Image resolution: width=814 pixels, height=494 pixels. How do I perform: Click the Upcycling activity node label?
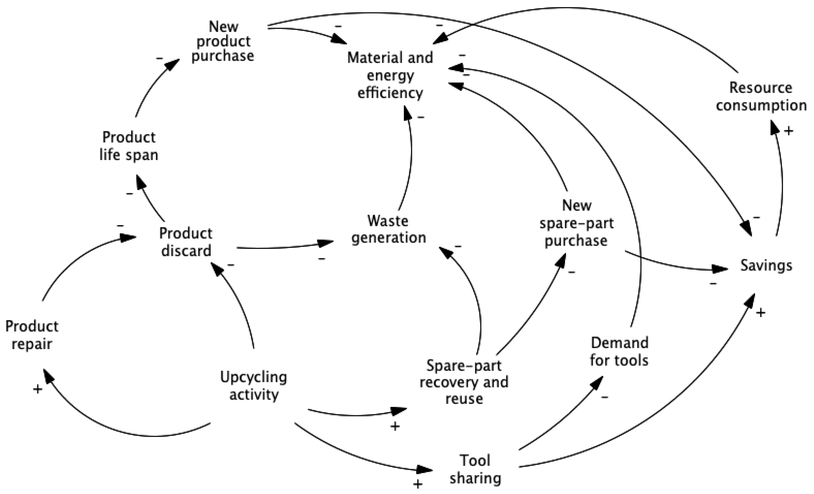click(x=254, y=386)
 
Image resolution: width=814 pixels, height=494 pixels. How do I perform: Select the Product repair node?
click(x=32, y=335)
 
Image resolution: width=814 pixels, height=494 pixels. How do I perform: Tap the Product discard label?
click(x=186, y=242)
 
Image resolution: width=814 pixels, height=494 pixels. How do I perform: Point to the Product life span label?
click(x=129, y=146)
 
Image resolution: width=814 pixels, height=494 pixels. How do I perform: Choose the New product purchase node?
click(x=223, y=41)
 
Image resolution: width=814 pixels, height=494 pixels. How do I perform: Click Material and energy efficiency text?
click(x=390, y=75)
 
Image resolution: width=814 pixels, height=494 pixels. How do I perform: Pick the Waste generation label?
click(x=388, y=229)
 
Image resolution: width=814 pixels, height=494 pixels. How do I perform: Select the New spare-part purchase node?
click(x=576, y=223)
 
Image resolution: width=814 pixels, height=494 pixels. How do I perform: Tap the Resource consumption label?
click(x=761, y=97)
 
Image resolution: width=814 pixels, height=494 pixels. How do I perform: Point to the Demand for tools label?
click(x=619, y=352)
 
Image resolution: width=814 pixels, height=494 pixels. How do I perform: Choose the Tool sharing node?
click(x=475, y=469)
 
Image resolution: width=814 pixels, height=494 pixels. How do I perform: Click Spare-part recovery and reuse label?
click(x=464, y=382)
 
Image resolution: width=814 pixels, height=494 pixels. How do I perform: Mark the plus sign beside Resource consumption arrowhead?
click(x=789, y=131)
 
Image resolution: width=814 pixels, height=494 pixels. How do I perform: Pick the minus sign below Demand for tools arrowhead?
click(x=604, y=397)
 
